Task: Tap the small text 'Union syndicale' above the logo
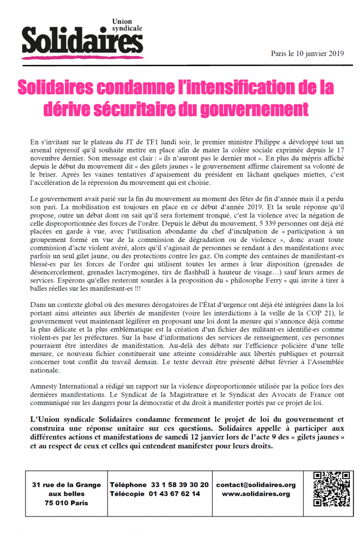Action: click(127, 23)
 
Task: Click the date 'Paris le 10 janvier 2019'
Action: click(308, 53)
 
